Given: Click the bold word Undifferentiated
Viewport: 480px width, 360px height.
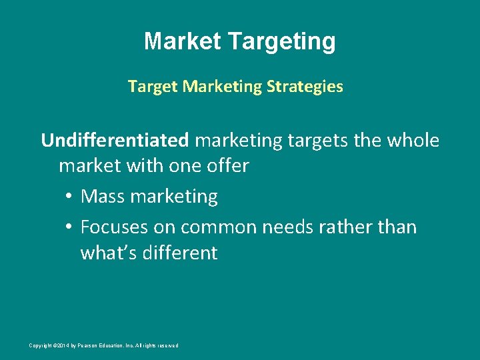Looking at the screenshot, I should (x=115, y=141).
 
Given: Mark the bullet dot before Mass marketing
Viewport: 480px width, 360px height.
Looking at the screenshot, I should (x=69, y=197).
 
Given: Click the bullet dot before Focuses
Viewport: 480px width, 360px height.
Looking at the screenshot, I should (x=69, y=227).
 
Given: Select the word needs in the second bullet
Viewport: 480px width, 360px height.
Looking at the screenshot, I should (x=289, y=227).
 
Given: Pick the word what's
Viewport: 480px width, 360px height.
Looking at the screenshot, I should (x=107, y=253).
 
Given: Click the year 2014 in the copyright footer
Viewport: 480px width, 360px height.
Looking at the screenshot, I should (x=61, y=345).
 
